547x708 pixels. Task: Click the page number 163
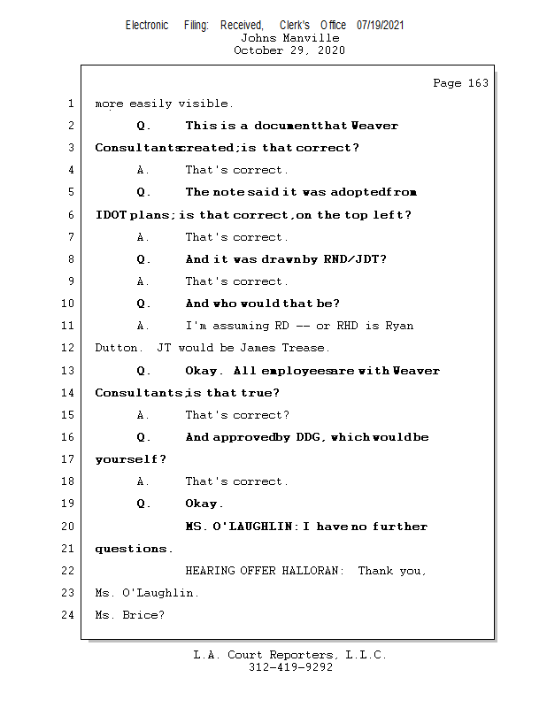pos(478,83)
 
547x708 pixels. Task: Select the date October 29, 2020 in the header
pos(289,50)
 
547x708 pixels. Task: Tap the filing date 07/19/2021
pos(381,25)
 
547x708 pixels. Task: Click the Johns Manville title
pos(289,38)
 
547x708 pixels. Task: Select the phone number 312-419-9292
pos(290,667)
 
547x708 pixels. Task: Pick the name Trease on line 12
pos(306,348)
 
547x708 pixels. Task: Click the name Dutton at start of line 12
pos(115,348)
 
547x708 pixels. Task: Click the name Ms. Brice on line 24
pos(129,615)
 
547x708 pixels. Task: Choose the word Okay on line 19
pos(201,504)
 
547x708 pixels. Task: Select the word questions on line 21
pos(133,549)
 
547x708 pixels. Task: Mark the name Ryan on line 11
pos(398,326)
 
